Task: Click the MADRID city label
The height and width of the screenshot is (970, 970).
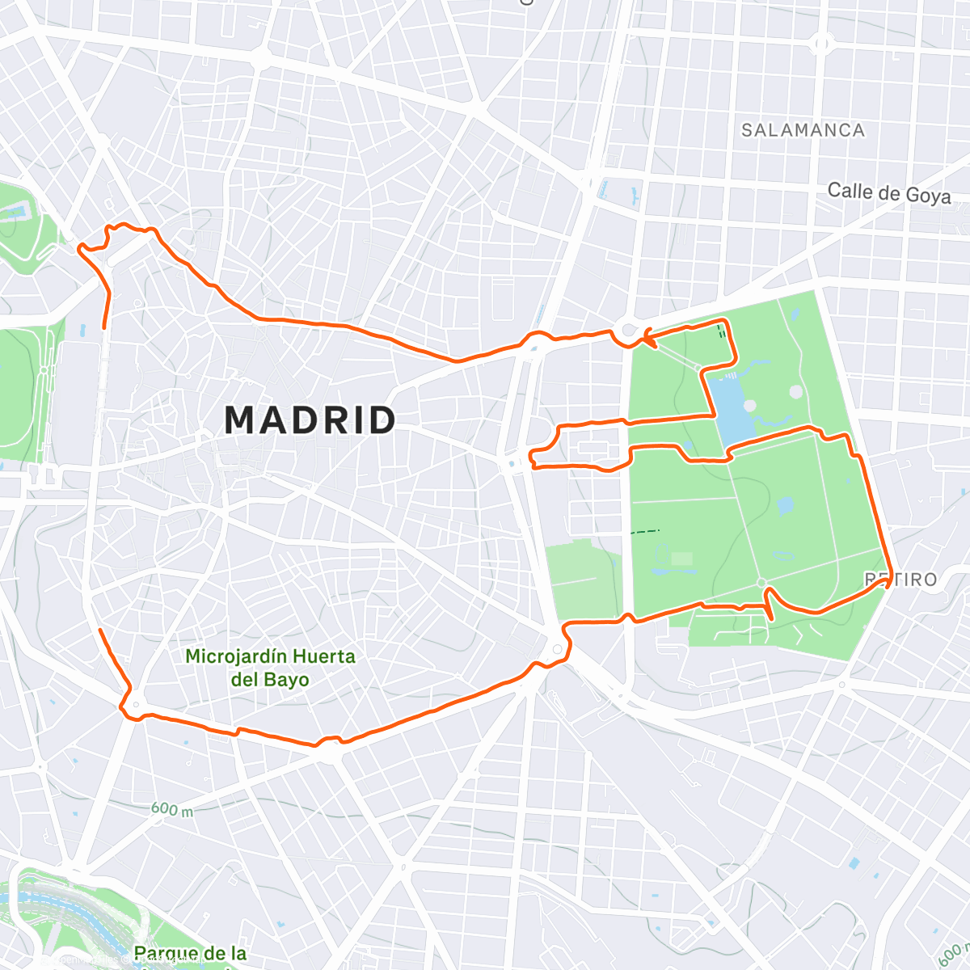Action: coord(310,420)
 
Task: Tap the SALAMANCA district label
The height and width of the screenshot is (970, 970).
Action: coord(803,130)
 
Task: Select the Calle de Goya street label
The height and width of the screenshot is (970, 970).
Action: coord(888,193)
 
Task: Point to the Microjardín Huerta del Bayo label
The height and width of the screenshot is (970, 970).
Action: coord(270,668)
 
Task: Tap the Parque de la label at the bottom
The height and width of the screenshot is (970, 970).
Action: coord(190,954)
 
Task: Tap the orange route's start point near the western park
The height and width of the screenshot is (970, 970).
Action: coord(103,327)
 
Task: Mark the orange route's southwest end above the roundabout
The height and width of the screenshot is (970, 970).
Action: coord(99,630)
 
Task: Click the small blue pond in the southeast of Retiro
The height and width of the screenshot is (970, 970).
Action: coord(785,507)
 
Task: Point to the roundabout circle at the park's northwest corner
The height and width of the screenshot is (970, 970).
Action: coord(629,330)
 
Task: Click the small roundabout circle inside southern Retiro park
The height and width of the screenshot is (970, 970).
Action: coord(761,583)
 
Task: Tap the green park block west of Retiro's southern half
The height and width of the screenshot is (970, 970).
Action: coord(584,579)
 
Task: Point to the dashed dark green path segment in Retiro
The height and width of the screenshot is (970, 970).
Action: coord(645,531)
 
